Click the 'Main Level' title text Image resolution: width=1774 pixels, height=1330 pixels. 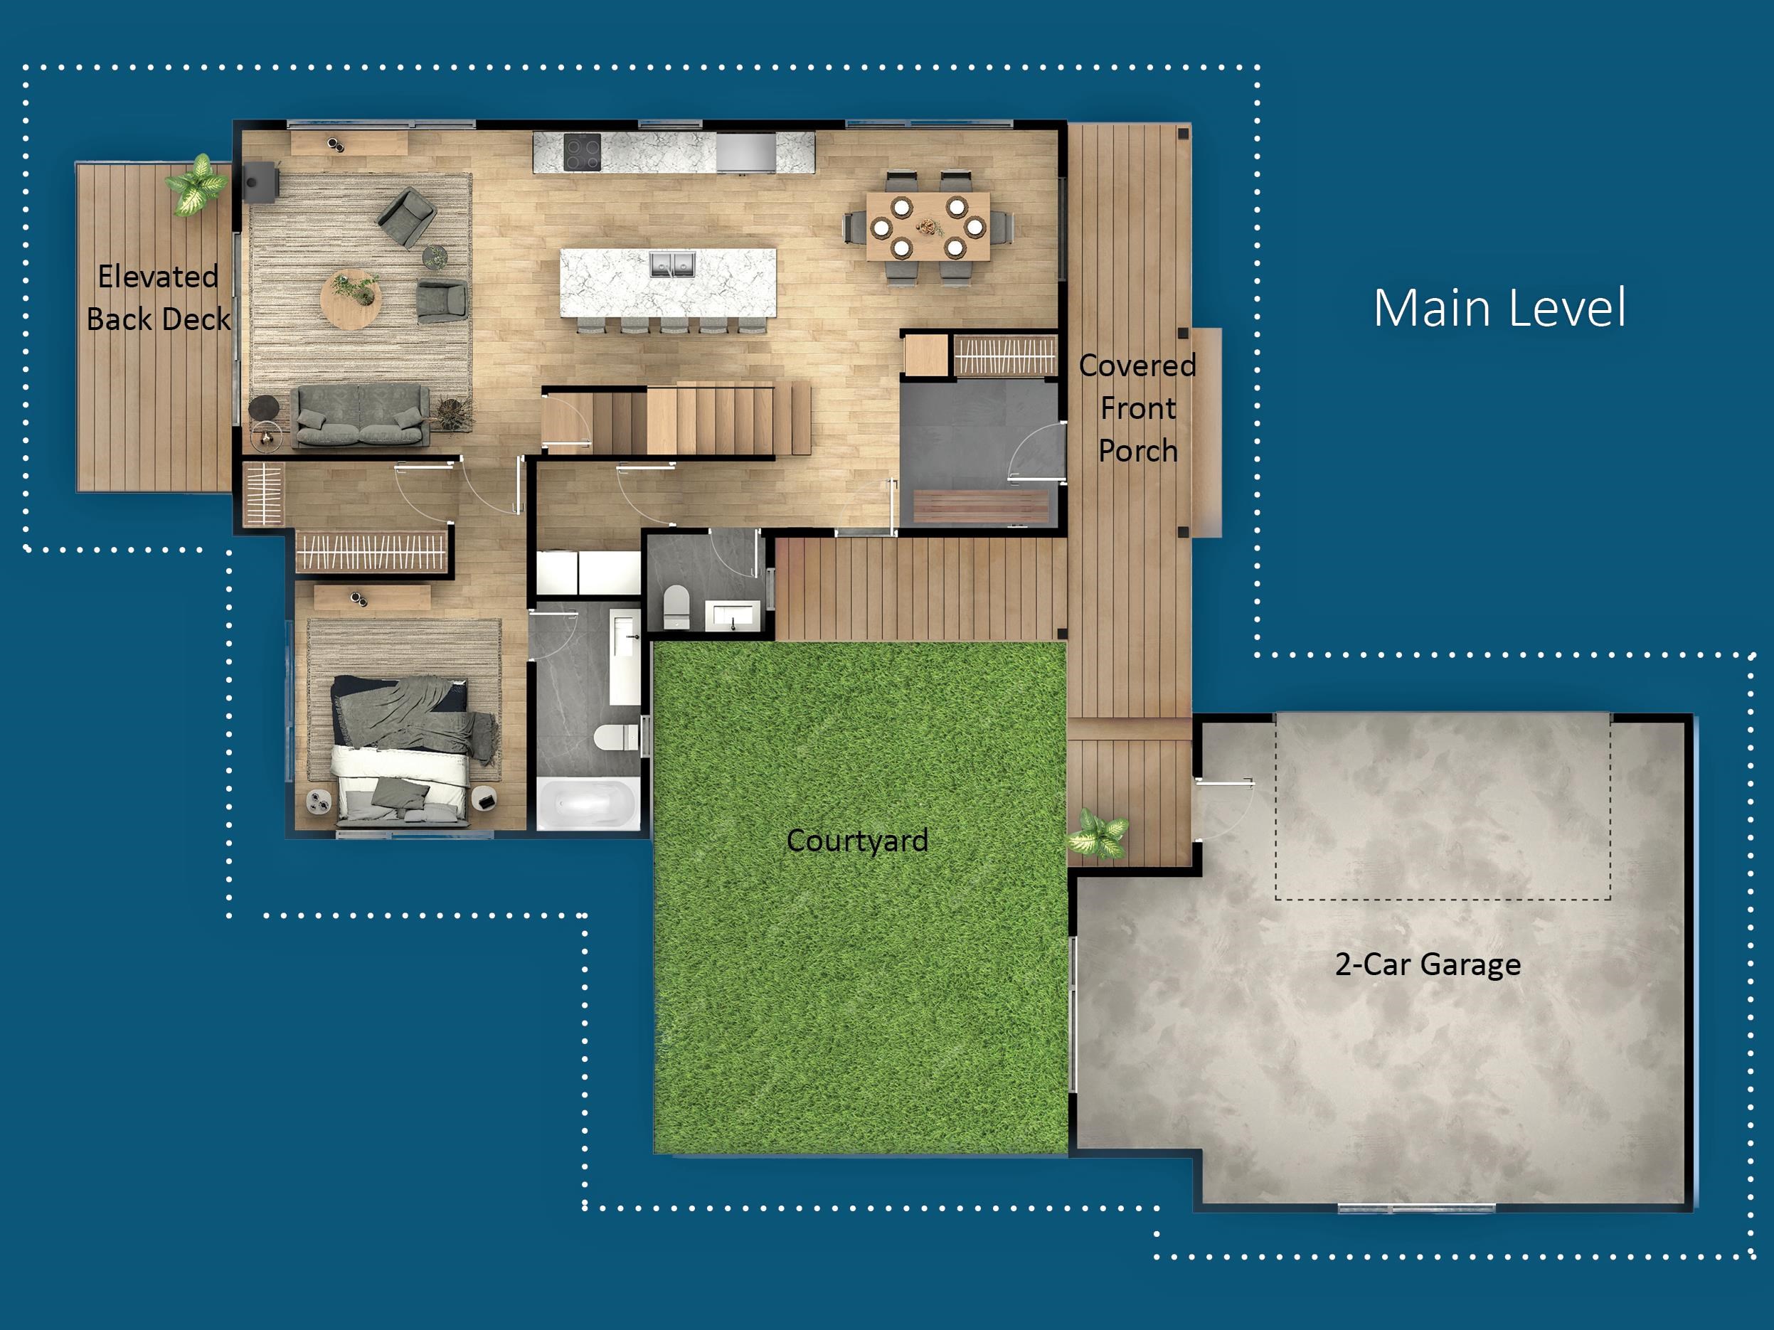(1499, 308)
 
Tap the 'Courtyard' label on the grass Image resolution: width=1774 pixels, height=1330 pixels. (857, 840)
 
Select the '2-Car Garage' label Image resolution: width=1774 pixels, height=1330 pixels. (1428, 964)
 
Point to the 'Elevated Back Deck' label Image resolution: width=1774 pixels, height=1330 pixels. (158, 297)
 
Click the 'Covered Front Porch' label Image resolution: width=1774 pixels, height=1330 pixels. (1137, 408)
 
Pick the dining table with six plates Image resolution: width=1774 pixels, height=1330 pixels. (928, 226)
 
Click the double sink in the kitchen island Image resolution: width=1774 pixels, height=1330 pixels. (671, 264)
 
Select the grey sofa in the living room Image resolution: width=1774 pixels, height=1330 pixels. (359, 415)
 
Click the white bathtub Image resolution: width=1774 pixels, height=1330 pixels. (587, 803)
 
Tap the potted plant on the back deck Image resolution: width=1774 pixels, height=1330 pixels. (195, 185)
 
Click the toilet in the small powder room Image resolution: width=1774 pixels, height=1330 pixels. (676, 607)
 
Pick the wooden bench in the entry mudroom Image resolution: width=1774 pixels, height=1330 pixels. (980, 506)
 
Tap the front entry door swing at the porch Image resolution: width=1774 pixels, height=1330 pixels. (1037, 453)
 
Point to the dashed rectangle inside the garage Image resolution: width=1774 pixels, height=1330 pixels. (1442, 806)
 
